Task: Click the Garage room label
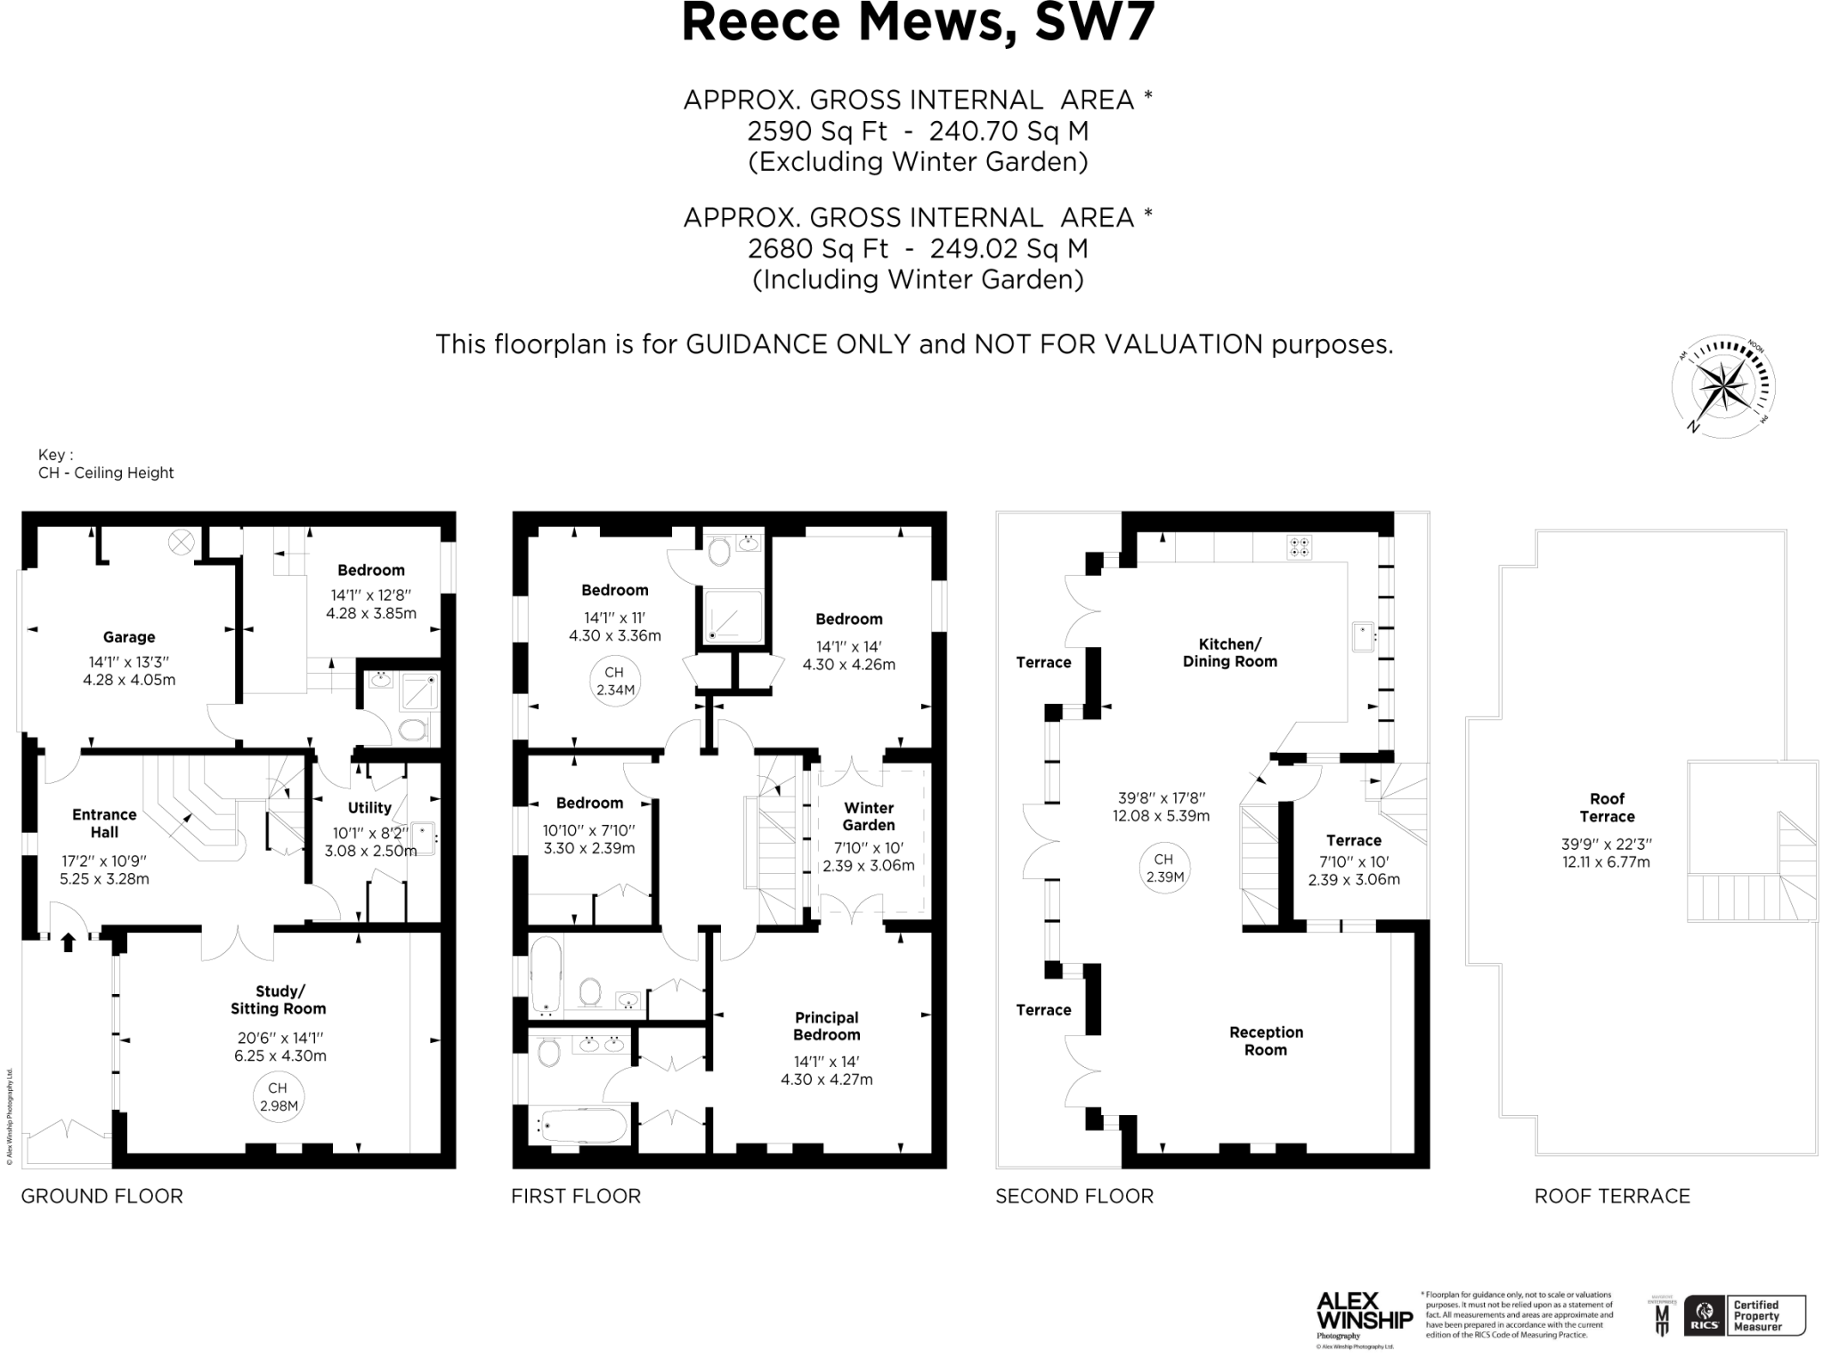129,637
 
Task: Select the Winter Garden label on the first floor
869,817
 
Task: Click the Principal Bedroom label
827,1026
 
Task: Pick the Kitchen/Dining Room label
1229,652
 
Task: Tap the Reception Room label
1266,1040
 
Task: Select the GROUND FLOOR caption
102,1196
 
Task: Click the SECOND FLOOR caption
1074,1196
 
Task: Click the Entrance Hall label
104,823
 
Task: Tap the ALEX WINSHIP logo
1364,1310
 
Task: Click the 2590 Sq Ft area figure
817,132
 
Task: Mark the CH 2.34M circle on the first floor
614,682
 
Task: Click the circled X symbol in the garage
181,541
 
